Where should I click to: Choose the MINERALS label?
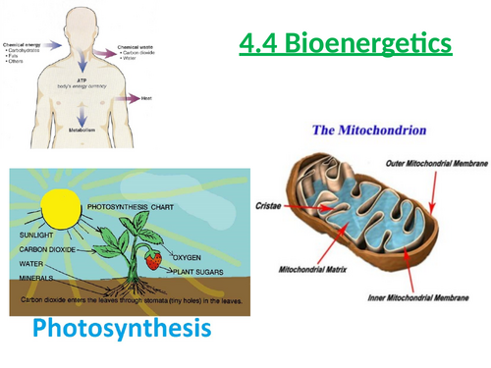35,278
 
